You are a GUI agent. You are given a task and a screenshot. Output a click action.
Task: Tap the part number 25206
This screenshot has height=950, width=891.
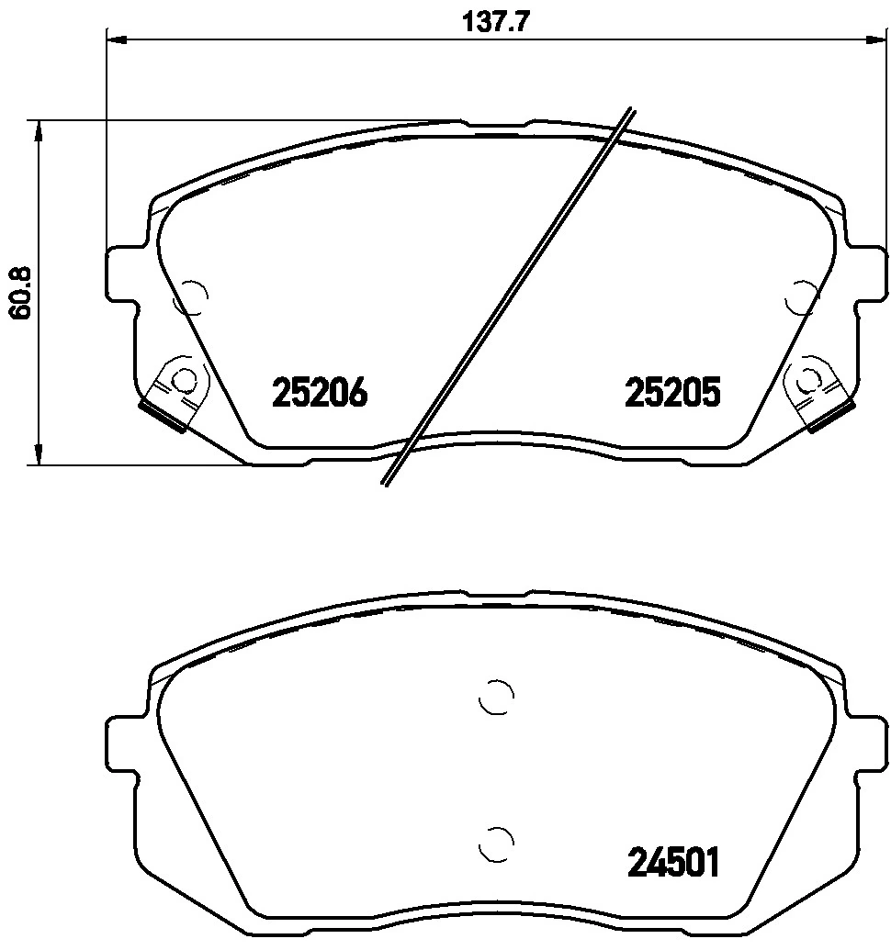point(320,393)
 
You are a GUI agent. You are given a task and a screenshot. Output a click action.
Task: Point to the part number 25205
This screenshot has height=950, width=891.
point(672,393)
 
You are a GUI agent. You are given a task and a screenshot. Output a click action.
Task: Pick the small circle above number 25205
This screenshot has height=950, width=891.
point(803,296)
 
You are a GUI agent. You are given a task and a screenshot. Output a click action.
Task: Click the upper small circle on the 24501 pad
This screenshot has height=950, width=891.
point(496,698)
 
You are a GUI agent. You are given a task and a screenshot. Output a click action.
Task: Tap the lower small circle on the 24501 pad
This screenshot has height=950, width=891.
point(496,839)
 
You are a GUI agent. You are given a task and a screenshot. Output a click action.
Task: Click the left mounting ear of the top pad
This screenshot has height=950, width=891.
point(124,273)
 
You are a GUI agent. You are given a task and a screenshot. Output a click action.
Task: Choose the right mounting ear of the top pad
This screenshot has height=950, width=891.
point(869,273)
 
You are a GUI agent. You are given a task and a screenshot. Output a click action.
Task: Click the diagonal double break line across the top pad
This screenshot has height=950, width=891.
point(510,296)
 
